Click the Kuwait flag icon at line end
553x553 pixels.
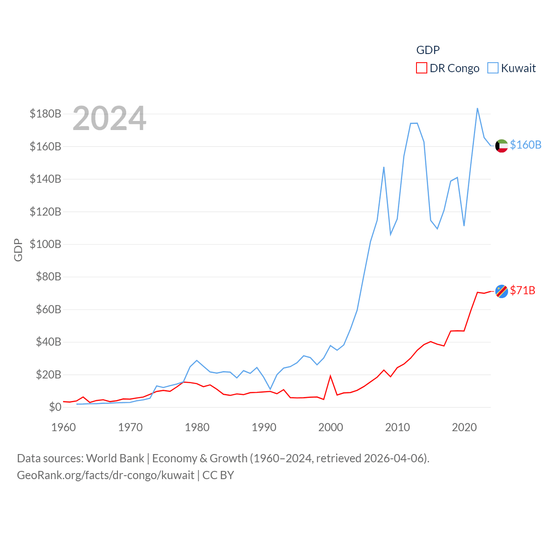pyautogui.click(x=501, y=146)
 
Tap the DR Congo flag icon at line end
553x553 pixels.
pyautogui.click(x=501, y=292)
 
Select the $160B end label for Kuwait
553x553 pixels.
pyautogui.click(x=525, y=145)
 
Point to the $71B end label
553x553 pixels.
pyautogui.click(x=522, y=290)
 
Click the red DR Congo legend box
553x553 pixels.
pyautogui.click(x=421, y=68)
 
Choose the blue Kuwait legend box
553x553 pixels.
pyautogui.click(x=493, y=68)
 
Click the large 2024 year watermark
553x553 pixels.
pyautogui.click(x=109, y=118)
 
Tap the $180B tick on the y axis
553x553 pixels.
pyautogui.click(x=45, y=114)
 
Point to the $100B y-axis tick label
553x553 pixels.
pyautogui.click(x=45, y=244)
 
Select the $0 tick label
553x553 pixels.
pyautogui.click(x=55, y=407)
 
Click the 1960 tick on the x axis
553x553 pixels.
pyautogui.click(x=64, y=427)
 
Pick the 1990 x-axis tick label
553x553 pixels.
pyautogui.click(x=264, y=427)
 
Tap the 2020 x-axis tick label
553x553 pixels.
pyautogui.click(x=464, y=427)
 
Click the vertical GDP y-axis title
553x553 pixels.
pyautogui.click(x=18, y=250)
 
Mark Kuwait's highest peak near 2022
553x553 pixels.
pyautogui.click(x=477, y=108)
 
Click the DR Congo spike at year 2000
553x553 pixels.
pyautogui.click(x=331, y=376)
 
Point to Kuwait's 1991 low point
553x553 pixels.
pyautogui.click(x=270, y=389)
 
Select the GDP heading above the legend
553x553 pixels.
pyautogui.click(x=428, y=50)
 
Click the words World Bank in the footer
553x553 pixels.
pyautogui.click(x=115, y=458)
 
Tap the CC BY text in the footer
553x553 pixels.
pyautogui.click(x=218, y=475)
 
